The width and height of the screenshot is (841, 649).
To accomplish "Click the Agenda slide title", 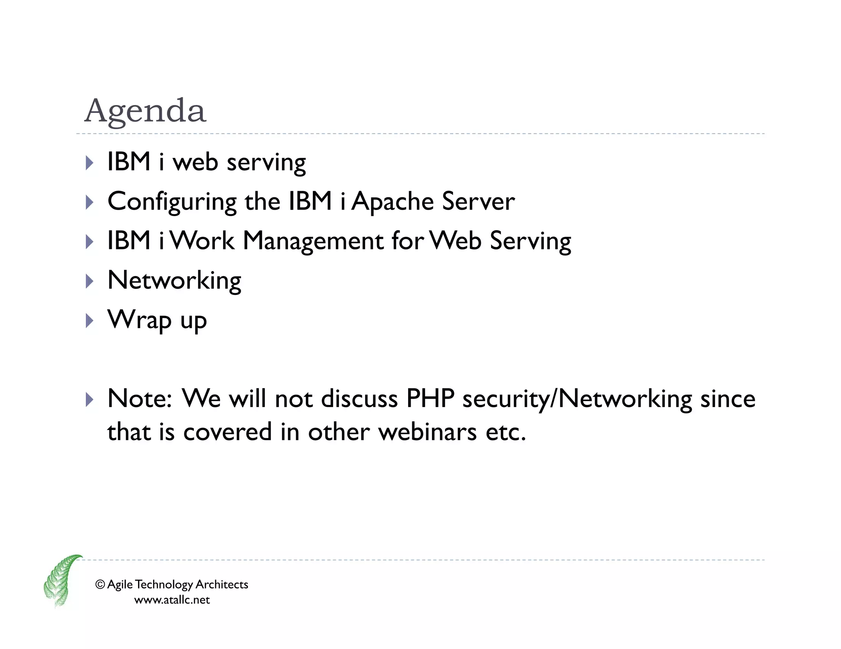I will coord(145,111).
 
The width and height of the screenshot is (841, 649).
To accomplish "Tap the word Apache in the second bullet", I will coord(393,201).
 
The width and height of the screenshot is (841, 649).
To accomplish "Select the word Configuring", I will coord(172,201).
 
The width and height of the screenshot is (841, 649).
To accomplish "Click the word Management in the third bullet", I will coord(313,241).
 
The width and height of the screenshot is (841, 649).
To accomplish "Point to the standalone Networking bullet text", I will coord(174,281).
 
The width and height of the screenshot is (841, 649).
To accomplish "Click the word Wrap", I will coord(139,320).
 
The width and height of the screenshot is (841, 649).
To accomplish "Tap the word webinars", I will coord(427,432).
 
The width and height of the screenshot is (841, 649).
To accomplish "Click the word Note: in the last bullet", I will coord(140,398).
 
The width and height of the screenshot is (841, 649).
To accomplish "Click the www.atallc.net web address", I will coord(172,600).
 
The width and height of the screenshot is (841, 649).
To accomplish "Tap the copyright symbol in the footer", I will coord(100,584).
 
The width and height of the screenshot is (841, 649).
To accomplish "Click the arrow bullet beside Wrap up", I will coord(90,320).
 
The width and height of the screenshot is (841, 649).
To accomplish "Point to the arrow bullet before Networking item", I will coord(90,281).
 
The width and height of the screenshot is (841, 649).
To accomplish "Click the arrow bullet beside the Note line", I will coord(90,399).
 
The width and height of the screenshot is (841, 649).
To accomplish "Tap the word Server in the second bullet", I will coord(478,201).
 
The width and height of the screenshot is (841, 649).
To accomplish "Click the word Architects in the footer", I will coord(222,584).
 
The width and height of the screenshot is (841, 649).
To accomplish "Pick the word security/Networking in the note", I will coord(577,399).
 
